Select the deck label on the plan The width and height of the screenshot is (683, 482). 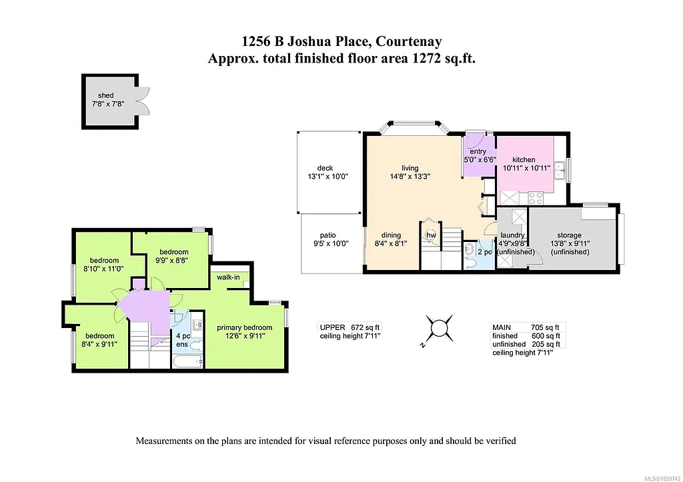325,168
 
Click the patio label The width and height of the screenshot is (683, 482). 327,235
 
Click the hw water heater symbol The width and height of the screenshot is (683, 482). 431,235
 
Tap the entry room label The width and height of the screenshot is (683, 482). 478,152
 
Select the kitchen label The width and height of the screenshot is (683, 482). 524,160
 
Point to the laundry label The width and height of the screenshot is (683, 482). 514,235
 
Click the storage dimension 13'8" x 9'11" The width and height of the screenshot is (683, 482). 570,244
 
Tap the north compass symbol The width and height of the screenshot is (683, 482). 440,328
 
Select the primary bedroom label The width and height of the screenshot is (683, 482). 245,327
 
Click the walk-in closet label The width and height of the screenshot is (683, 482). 227,276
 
